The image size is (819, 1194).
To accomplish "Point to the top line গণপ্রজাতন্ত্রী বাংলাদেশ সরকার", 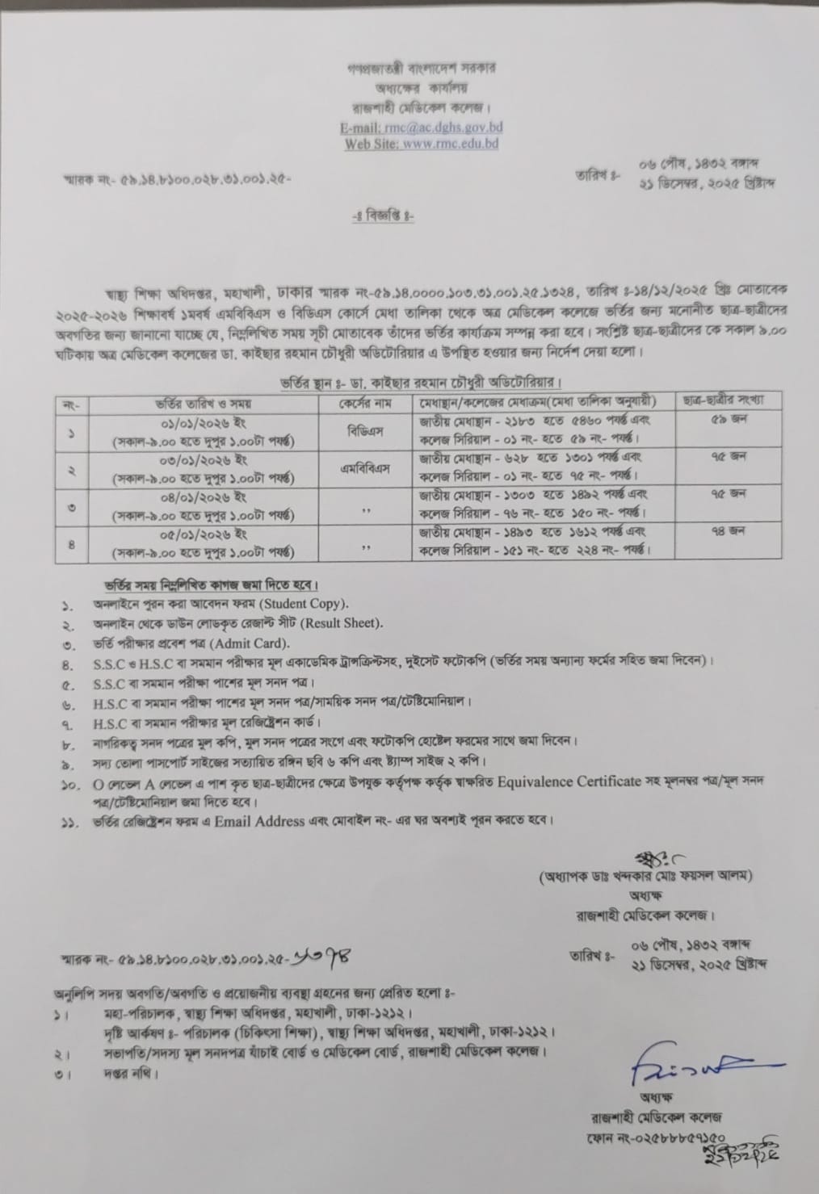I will [422, 69].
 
